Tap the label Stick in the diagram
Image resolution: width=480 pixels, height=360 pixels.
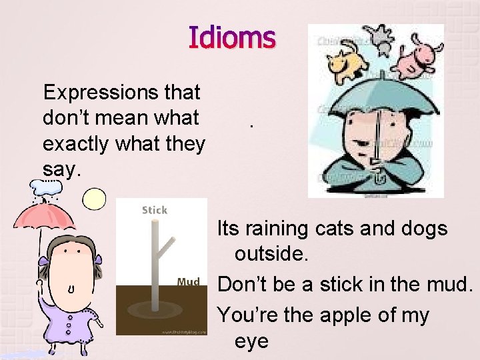(154, 210)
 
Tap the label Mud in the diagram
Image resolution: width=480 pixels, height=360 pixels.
(188, 282)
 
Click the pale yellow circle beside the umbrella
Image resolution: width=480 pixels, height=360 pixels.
(94, 199)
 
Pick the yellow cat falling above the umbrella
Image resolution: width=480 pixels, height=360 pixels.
(347, 63)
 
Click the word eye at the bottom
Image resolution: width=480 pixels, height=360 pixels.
(251, 341)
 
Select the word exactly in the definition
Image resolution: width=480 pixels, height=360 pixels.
(76, 143)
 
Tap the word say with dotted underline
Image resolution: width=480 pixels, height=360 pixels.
(61, 170)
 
